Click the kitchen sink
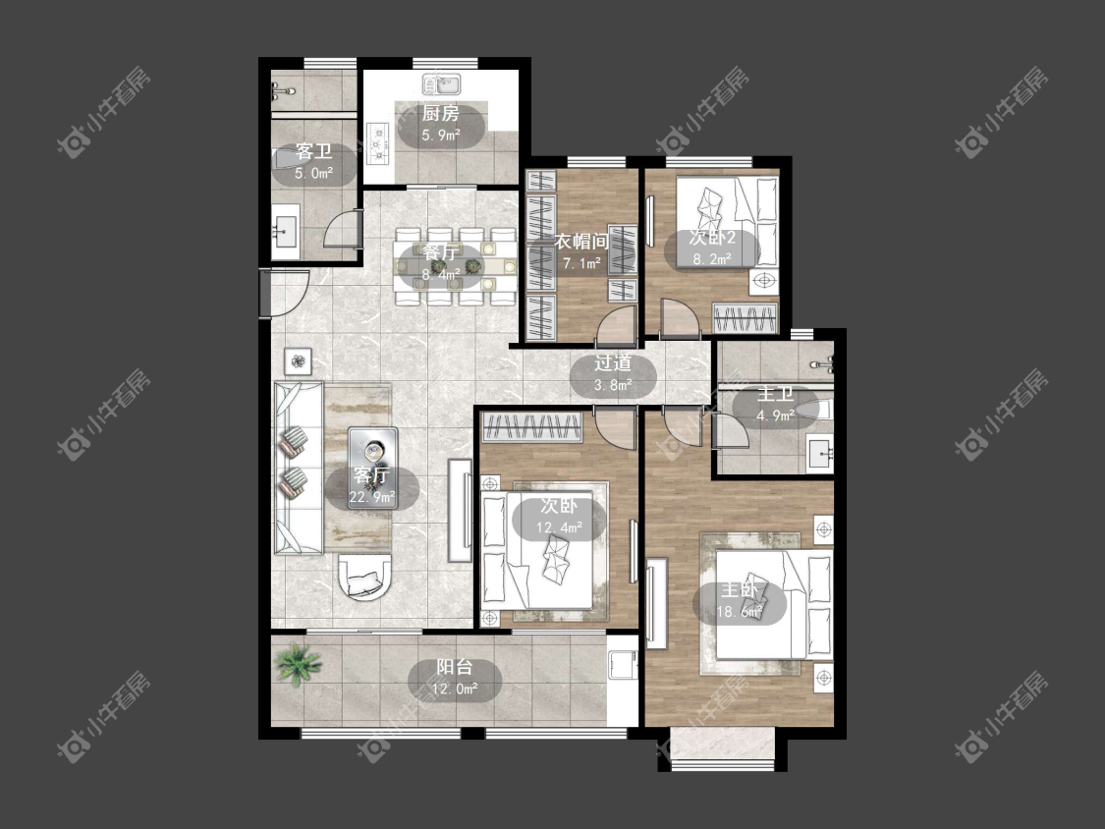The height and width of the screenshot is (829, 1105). (x=441, y=84)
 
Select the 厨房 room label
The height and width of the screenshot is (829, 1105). (x=440, y=113)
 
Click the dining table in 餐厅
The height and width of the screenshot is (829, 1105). (x=456, y=266)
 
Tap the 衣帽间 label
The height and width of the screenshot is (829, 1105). (x=581, y=242)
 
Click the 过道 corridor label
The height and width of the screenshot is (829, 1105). (x=612, y=363)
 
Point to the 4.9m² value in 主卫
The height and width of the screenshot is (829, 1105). (x=775, y=415)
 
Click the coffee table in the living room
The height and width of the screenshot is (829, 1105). (x=373, y=468)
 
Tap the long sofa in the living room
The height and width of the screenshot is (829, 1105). (x=298, y=469)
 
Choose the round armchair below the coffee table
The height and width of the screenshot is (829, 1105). (x=365, y=577)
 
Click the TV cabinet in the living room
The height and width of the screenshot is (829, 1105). (x=461, y=510)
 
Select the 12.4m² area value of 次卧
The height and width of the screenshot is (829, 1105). (x=559, y=527)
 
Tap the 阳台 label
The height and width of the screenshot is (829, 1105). (x=455, y=666)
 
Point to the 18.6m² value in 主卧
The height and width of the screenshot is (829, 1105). (x=740, y=612)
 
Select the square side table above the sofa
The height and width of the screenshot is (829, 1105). (x=299, y=361)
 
